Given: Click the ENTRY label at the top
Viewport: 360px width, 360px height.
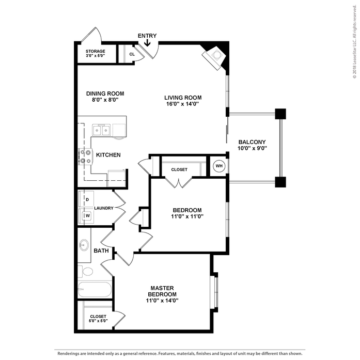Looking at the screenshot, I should click(147, 36).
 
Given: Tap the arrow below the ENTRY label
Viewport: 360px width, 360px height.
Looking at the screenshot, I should click(147, 43).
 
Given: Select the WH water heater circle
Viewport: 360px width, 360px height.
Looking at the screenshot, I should click(218, 166).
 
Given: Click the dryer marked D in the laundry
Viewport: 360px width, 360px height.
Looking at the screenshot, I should click(86, 199).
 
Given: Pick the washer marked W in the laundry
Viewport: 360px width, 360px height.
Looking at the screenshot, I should click(86, 216).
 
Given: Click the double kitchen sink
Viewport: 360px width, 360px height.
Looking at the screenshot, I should click(101, 130).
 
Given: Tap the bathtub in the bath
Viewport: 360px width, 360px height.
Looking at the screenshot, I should click(95, 289).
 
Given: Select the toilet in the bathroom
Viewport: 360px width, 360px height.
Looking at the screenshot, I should click(86, 271).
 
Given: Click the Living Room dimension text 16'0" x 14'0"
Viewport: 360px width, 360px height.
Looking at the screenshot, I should click(182, 104).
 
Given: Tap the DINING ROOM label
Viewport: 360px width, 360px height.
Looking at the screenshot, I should click(105, 93).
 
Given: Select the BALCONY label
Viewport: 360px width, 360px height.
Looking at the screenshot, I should click(252, 142).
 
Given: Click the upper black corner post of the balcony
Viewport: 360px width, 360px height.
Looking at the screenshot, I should click(280, 114).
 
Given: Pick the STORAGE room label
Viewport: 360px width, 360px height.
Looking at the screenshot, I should click(96, 51).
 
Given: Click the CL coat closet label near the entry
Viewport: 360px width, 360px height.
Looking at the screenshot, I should click(132, 54).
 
